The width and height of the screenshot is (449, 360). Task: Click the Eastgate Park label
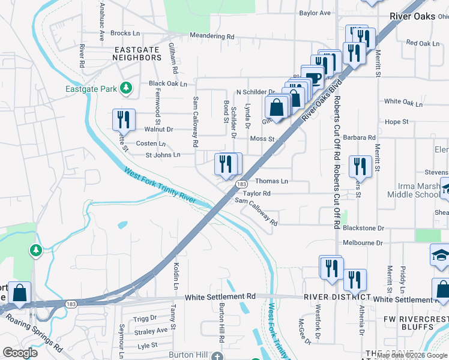pyautogui.click(x=91, y=89)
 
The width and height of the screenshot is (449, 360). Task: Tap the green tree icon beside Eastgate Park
pyautogui.click(x=125, y=89)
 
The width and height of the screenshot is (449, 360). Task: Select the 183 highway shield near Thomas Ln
pyautogui.click(x=241, y=184)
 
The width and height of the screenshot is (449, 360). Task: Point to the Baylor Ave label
pyautogui.click(x=315, y=13)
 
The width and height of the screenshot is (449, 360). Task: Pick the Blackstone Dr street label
pyautogui.click(x=363, y=229)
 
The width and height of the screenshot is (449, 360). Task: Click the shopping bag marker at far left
pyautogui.click(x=19, y=294)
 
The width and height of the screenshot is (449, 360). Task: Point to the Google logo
pyautogui.click(x=20, y=353)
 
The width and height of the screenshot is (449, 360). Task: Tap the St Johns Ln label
pyautogui.click(x=163, y=155)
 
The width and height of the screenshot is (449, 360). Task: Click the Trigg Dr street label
pyautogui.click(x=145, y=318)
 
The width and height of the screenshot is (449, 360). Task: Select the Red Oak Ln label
pyautogui.click(x=423, y=43)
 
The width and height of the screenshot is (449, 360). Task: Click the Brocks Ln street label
pyautogui.click(x=125, y=34)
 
